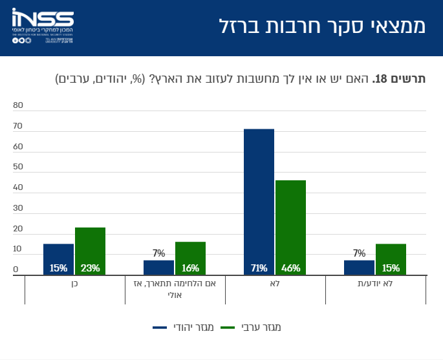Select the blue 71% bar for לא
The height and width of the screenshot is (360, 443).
pos(259,202)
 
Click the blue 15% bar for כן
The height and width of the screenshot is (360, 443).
pos(59,260)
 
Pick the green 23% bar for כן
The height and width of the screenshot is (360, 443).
pos(90,251)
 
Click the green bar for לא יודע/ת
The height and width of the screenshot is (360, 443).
pos(391,260)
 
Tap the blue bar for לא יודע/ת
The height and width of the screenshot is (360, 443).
pos(359,268)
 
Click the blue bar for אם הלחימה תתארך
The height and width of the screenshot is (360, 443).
pos(159,268)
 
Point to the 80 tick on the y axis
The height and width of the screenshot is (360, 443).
pos(17,105)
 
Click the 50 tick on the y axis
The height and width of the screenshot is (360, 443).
pos(17,167)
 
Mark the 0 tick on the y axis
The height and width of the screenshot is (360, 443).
pos(16,270)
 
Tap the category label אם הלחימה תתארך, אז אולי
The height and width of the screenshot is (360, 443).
pos(175,289)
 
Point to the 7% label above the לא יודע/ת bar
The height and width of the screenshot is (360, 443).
pos(360,253)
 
